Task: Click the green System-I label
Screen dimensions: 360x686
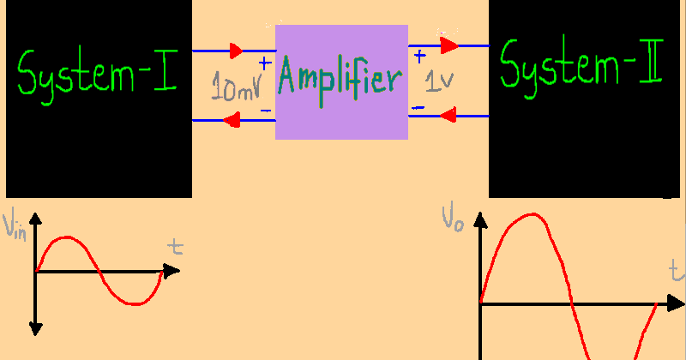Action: coord(97,73)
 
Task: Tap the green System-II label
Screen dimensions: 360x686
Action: coord(581,65)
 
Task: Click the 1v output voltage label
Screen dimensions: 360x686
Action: coord(440,81)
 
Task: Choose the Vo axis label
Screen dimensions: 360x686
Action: coord(454,217)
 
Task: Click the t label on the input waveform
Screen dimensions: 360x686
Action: coord(176,249)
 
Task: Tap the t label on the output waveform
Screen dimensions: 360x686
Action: coord(677,273)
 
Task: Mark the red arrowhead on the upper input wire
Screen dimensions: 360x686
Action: coord(236,51)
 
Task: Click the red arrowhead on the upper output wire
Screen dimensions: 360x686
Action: coord(448,45)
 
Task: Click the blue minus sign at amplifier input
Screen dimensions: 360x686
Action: coord(265,111)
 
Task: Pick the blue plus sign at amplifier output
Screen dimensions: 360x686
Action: coord(419,57)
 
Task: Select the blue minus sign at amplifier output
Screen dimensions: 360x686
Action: coord(418,107)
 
